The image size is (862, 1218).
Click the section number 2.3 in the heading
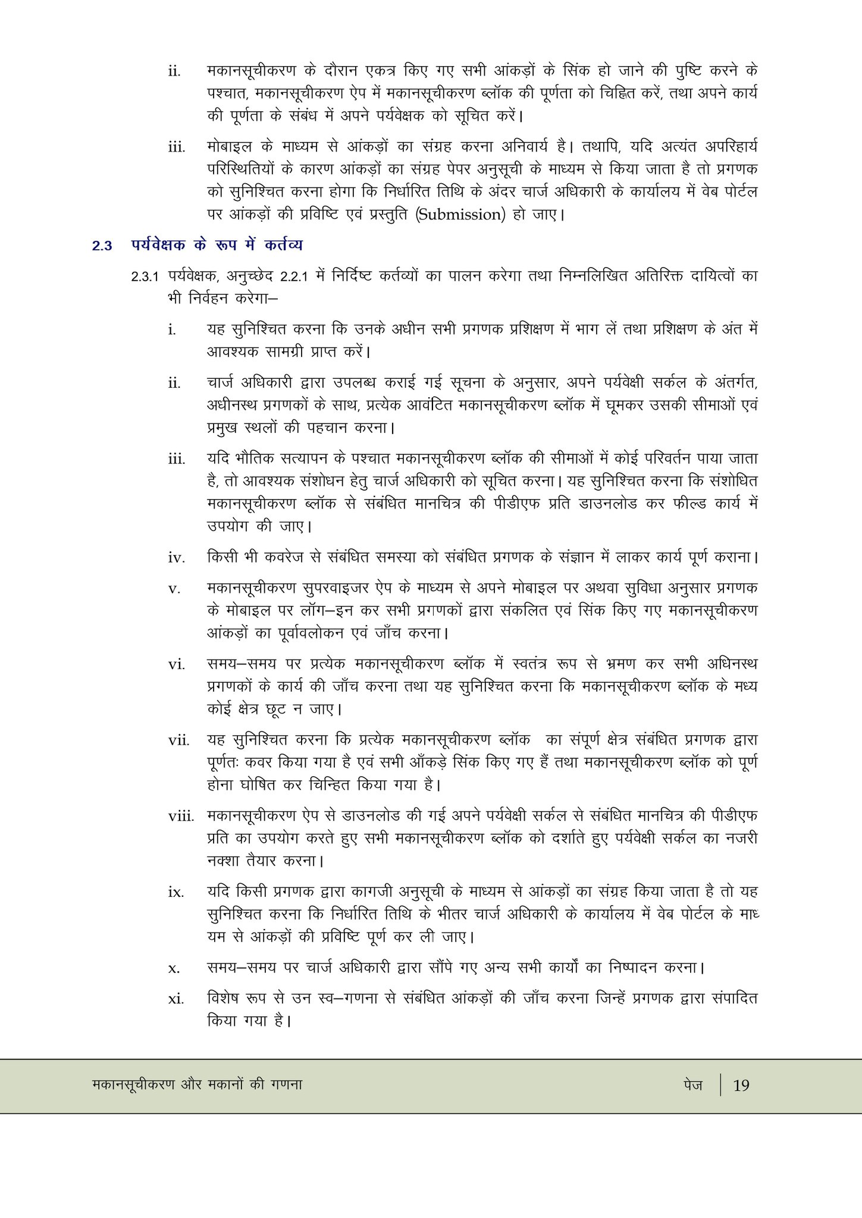point(102,246)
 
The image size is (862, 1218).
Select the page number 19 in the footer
point(741,1085)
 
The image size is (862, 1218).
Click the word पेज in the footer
point(693,1085)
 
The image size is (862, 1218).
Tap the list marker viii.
point(181,816)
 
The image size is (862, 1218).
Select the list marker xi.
point(175,999)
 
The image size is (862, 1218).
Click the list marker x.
point(174,969)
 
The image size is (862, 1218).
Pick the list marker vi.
point(176,664)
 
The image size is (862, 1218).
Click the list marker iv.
point(176,558)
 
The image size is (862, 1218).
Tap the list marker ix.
point(175,892)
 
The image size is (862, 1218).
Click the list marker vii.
point(178,740)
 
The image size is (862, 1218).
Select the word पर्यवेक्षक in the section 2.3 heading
point(158,244)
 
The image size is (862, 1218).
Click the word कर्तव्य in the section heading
point(284,244)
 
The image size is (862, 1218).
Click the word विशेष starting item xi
point(224,998)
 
